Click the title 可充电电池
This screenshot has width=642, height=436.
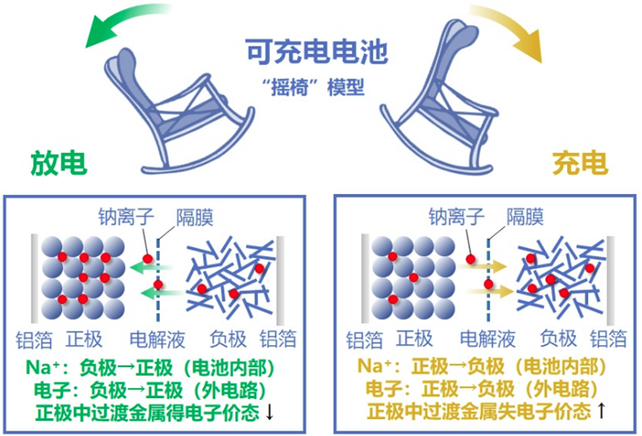click(x=319, y=52)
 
